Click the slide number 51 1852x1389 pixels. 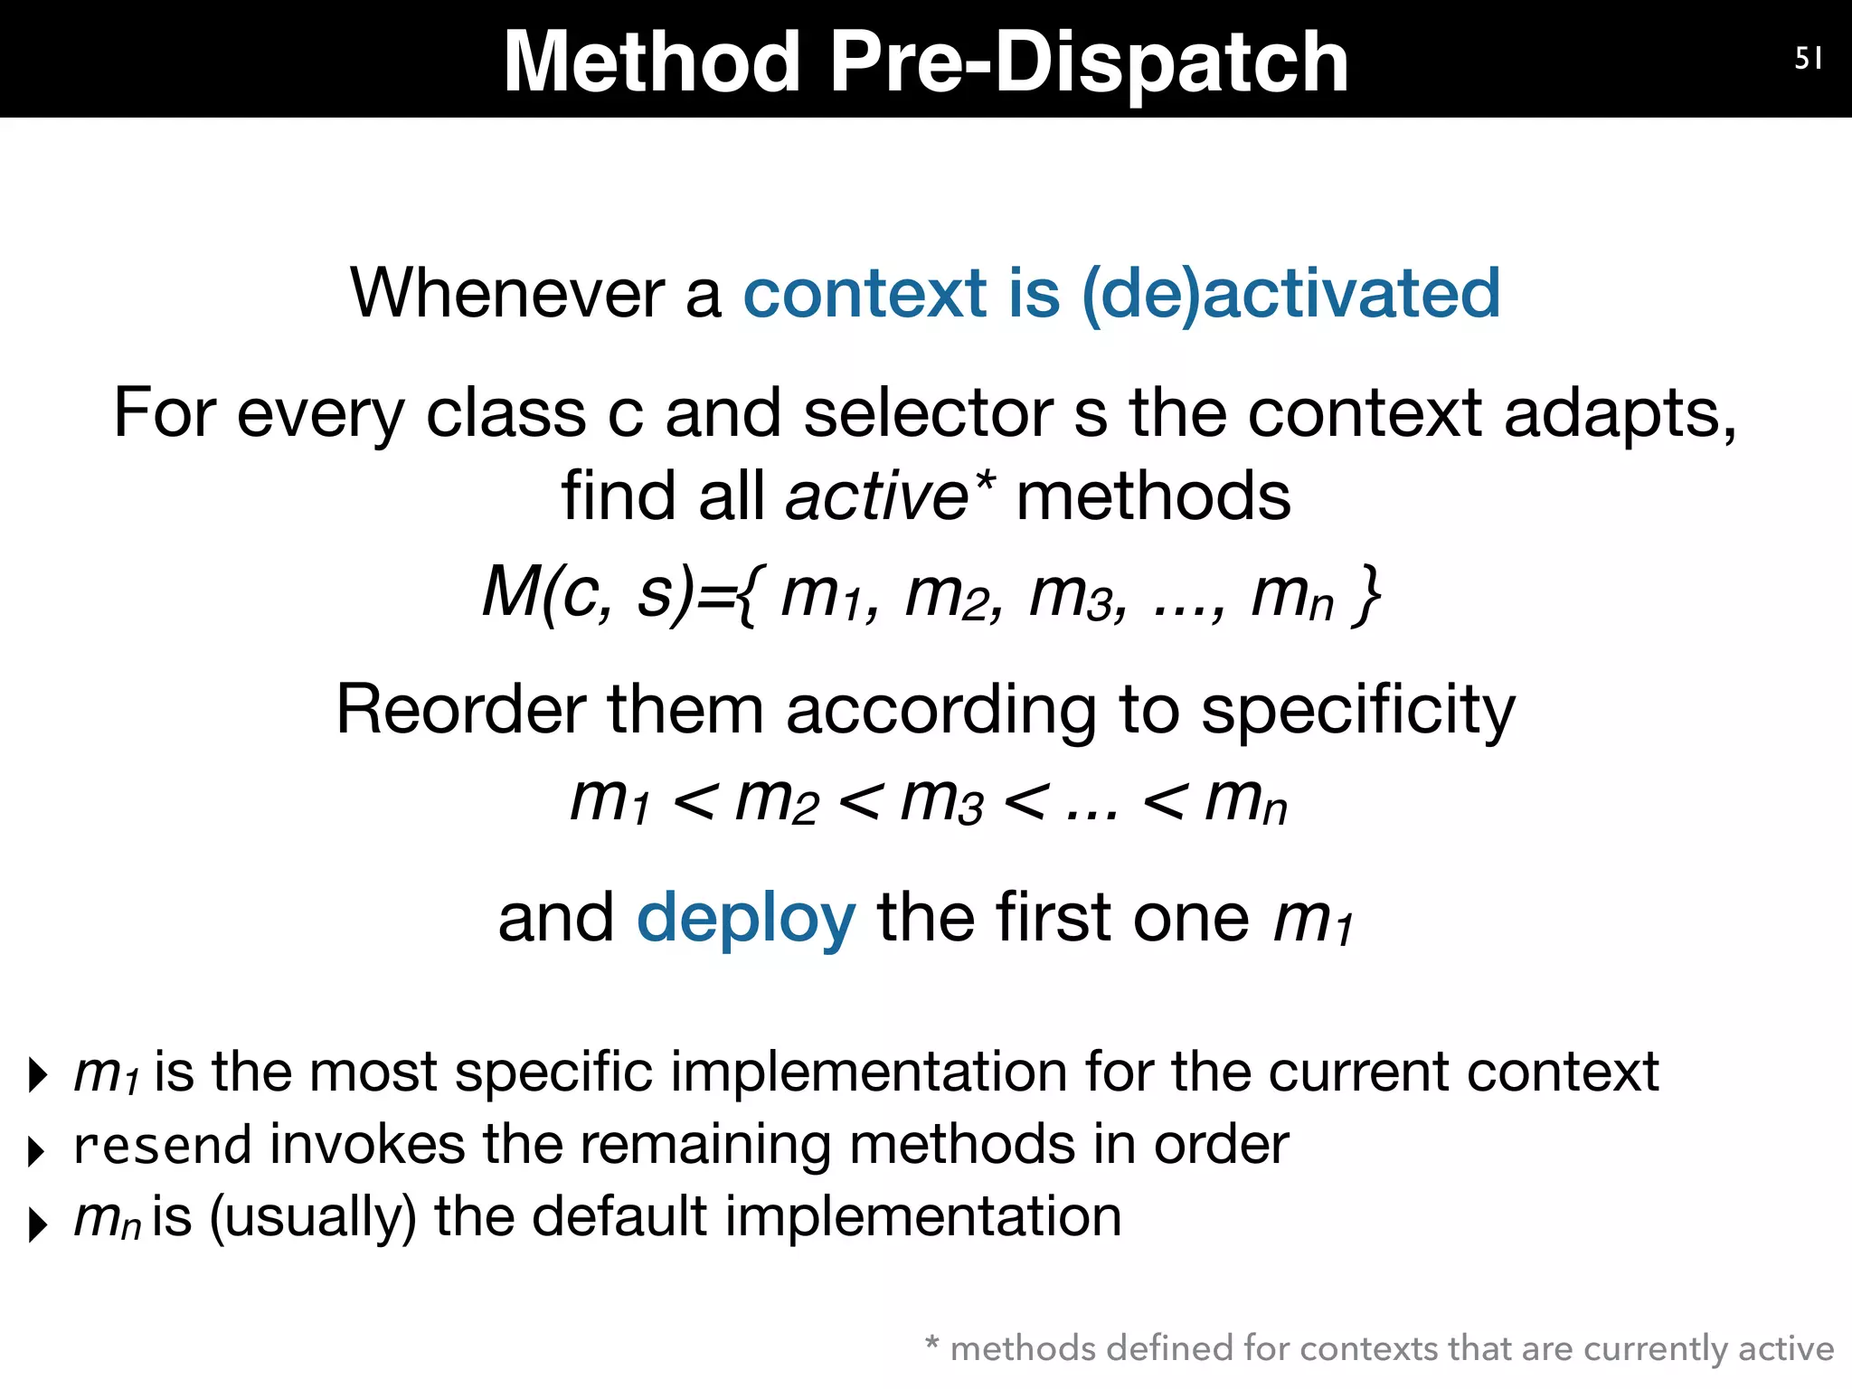coord(1808,59)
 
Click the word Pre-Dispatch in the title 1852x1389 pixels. coord(1089,61)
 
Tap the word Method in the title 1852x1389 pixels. coord(652,61)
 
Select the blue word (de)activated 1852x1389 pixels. coord(1290,294)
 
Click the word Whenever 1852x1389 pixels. coord(508,294)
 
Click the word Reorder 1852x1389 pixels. coord(460,710)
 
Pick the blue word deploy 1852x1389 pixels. coord(746,918)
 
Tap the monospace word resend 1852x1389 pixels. coord(163,1146)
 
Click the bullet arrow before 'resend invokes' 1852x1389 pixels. coord(36,1151)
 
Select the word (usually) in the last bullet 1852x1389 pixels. coord(313,1216)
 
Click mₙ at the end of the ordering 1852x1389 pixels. coord(1245,801)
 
